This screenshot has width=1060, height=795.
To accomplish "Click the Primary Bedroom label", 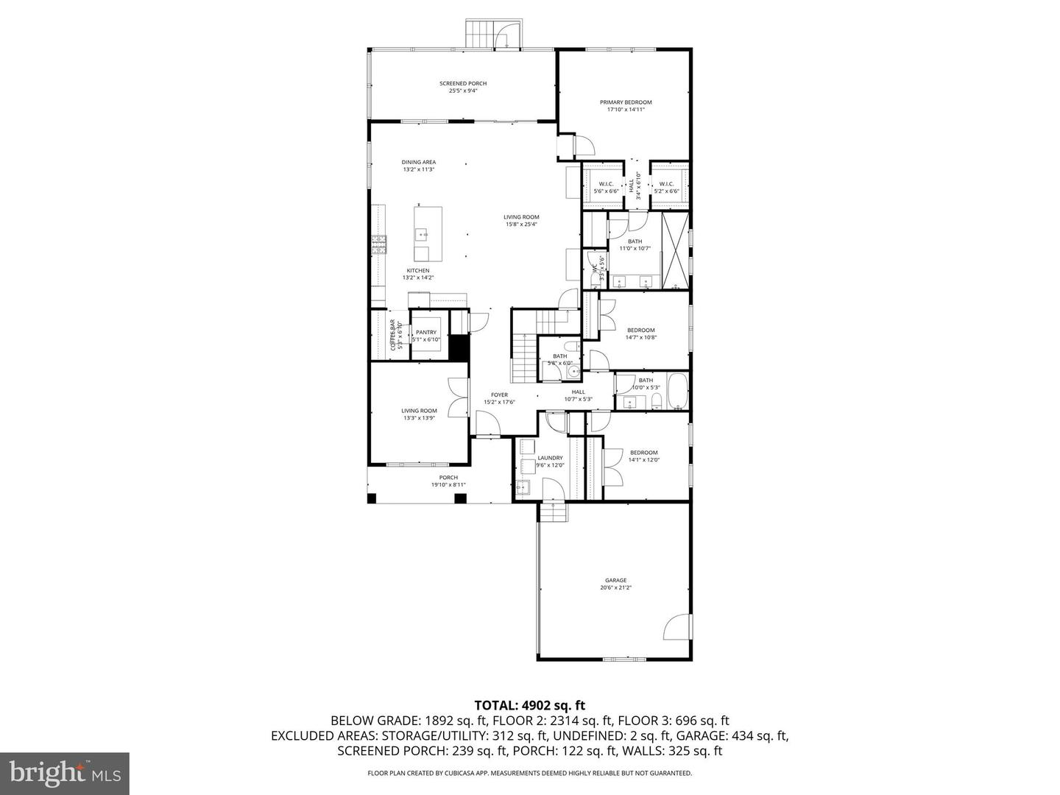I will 625,102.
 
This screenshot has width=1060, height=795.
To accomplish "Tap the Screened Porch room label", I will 463,84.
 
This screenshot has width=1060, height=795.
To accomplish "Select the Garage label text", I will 615,580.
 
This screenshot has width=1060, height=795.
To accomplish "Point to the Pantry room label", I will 425,332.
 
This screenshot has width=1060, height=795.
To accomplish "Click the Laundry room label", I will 550,458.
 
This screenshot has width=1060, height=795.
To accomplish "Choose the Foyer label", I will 499,395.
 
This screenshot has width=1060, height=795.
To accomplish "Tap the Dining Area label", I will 418,162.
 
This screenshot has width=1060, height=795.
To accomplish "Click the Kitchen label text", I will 417,271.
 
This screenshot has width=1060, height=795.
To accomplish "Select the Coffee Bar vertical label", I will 392,334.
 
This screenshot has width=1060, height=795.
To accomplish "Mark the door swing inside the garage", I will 678,626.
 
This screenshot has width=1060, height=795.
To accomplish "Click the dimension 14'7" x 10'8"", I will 640,338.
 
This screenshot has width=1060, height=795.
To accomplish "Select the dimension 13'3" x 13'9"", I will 419,418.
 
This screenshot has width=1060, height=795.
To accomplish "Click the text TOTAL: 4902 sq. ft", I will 529,705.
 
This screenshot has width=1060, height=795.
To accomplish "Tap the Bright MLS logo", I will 65,773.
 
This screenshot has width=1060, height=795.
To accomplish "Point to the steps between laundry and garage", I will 553,511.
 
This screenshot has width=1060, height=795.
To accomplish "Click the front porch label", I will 448,478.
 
